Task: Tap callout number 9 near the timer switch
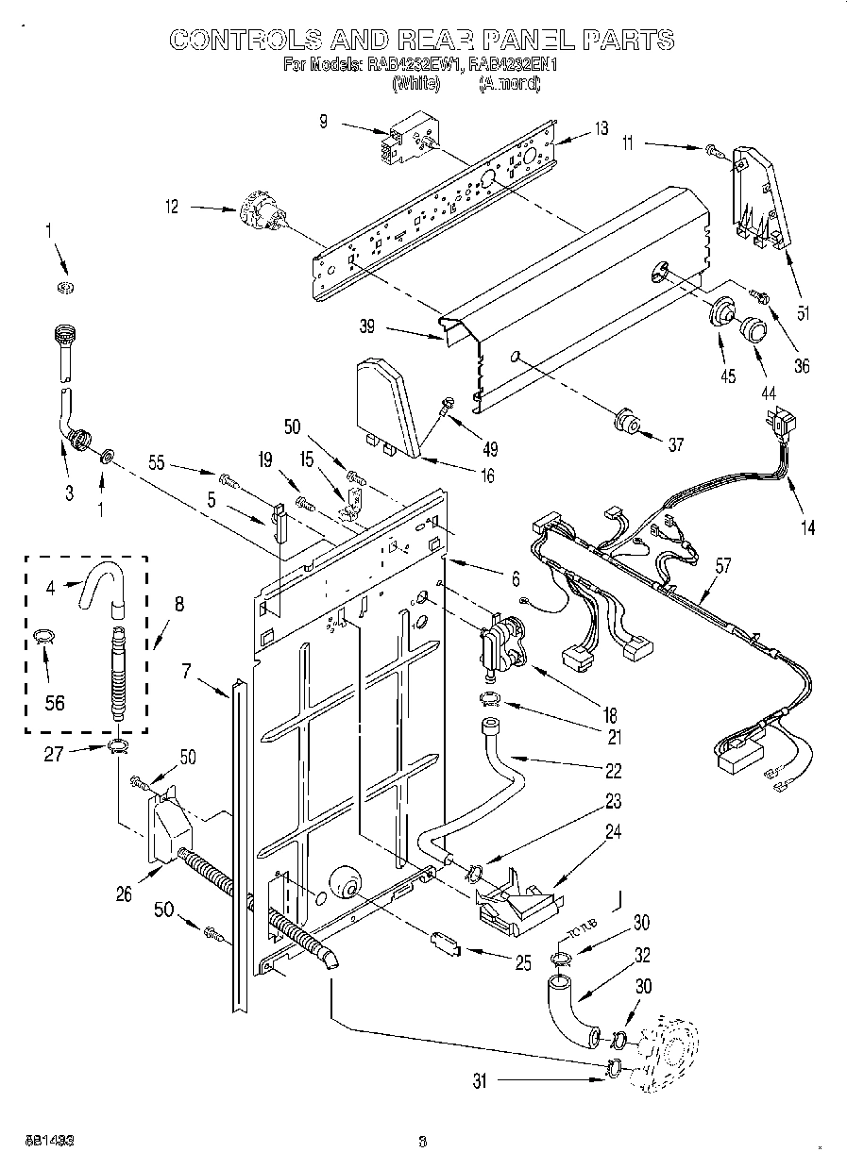coord(324,121)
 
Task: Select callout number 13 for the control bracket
coord(601,129)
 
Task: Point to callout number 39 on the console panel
coord(367,328)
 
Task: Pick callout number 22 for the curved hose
coord(614,771)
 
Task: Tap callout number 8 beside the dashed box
coord(178,606)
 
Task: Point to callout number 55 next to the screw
coord(158,463)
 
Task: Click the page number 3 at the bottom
coord(422,1141)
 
